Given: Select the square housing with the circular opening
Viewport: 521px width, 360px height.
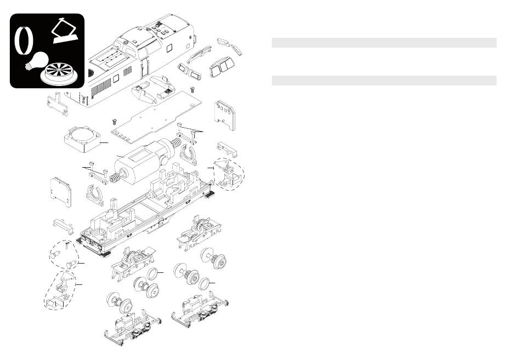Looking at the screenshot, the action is point(82,136).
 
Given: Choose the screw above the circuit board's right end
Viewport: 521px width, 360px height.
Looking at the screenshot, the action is point(193,89).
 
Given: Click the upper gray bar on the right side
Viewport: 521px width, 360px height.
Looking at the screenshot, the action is point(384,43).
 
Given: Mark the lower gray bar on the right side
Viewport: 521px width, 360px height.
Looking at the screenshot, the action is point(384,81).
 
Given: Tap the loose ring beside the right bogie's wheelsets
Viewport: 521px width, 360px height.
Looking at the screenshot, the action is point(203,284).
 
